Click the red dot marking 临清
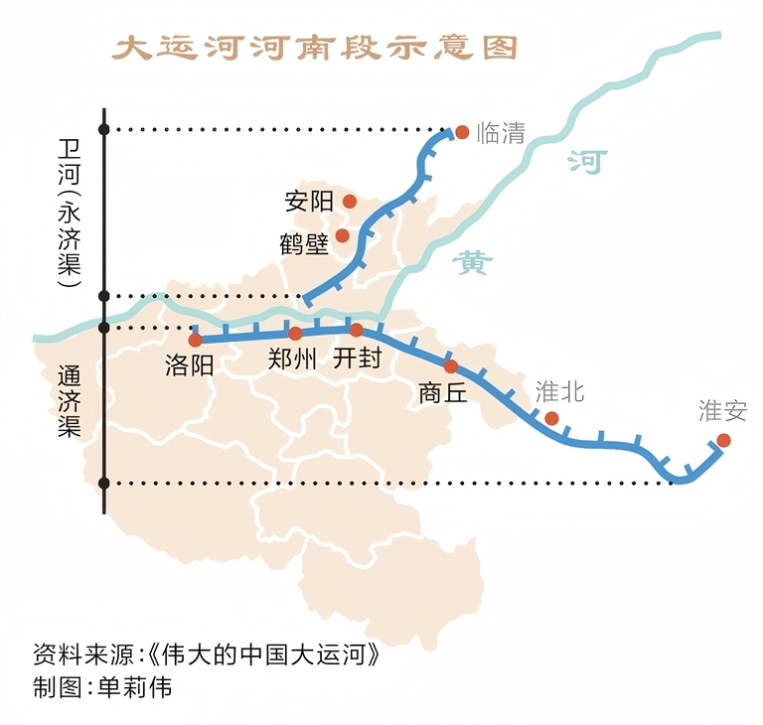click(461, 131)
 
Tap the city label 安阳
click(308, 202)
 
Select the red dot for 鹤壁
click(343, 235)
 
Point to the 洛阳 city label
click(190, 365)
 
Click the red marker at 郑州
click(295, 333)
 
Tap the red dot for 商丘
click(451, 365)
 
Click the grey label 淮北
click(560, 391)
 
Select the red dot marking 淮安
click(723, 440)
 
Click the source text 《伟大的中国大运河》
click(263, 656)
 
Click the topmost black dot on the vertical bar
click(104, 128)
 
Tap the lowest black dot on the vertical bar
click(104, 484)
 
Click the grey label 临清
click(501, 133)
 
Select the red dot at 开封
click(356, 329)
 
